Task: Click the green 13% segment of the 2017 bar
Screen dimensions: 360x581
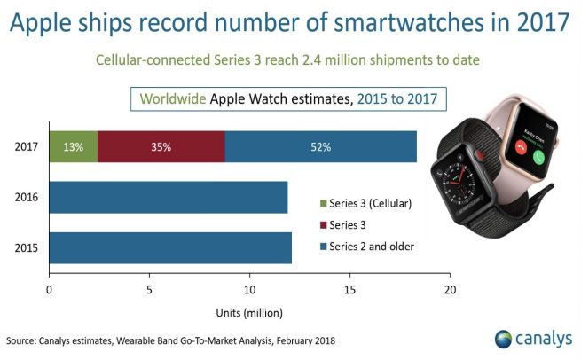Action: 73,146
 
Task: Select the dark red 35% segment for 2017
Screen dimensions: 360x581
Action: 161,146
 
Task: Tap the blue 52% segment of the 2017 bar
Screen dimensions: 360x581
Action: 320,146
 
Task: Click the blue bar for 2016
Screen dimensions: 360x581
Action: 169,197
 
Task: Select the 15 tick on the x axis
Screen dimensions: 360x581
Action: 350,291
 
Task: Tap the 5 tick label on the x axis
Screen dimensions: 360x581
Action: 149,291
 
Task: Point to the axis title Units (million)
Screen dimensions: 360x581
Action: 249,312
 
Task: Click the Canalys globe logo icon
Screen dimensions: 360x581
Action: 504,339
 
